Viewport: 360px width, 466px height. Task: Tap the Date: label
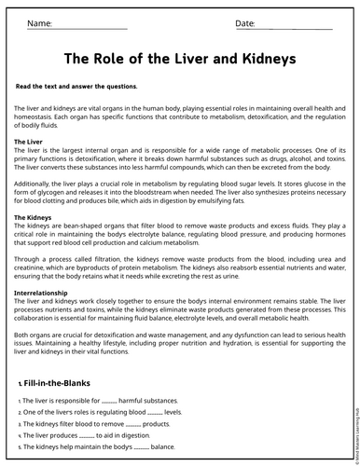pyautogui.click(x=245, y=22)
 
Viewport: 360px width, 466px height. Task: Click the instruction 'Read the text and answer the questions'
pyautogui.click(x=76, y=86)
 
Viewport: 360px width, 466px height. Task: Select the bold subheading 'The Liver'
pyautogui.click(x=29, y=142)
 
